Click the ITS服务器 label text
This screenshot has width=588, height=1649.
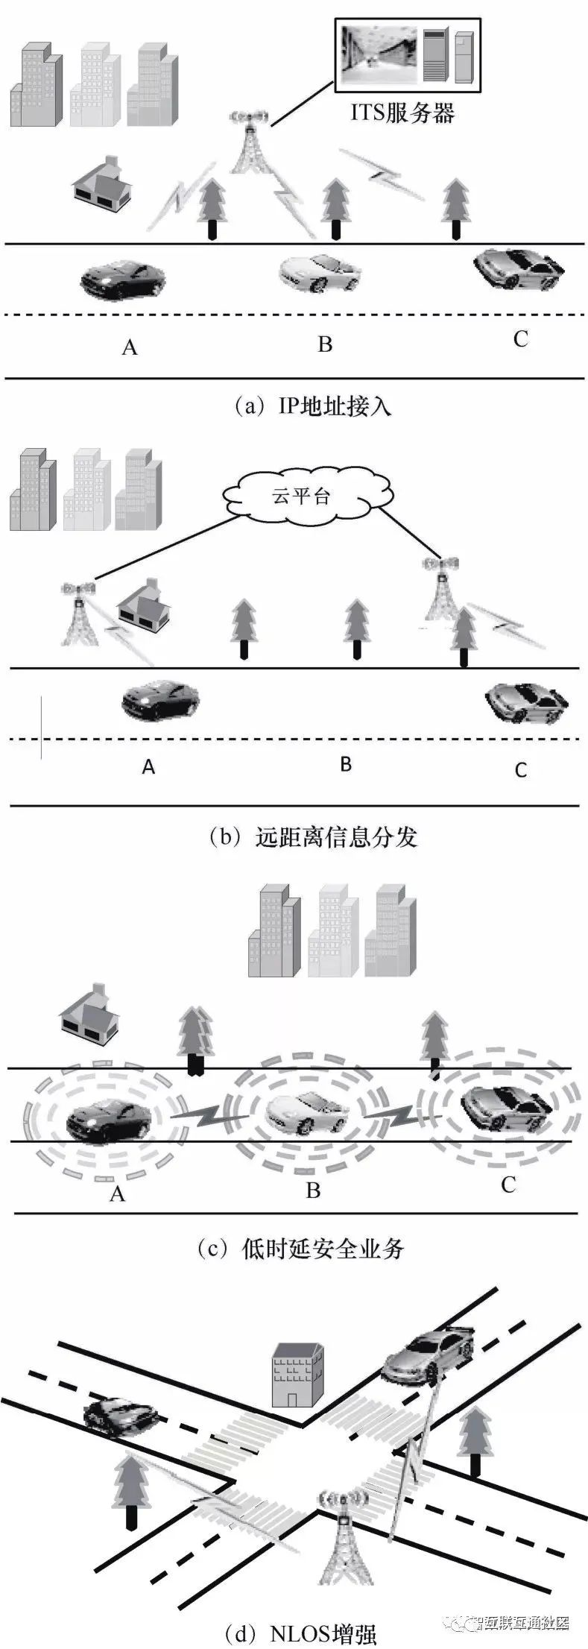(x=402, y=113)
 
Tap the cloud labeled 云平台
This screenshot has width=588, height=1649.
(x=301, y=497)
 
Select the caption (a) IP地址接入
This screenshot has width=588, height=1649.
(x=312, y=406)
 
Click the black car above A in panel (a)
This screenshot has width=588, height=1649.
(x=123, y=280)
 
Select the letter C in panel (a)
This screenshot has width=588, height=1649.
(x=520, y=339)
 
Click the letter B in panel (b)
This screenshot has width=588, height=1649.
(x=345, y=764)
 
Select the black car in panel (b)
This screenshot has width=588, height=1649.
(x=161, y=701)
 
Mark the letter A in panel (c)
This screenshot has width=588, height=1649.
(x=117, y=1194)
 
